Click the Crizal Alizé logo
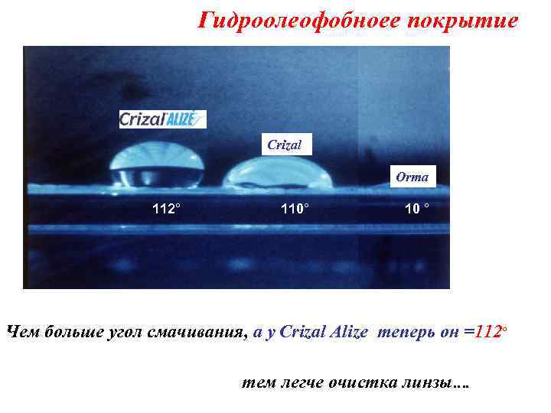[162, 119]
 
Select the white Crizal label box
[285, 144]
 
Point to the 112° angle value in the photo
[167, 208]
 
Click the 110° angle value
[295, 208]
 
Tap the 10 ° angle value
[416, 208]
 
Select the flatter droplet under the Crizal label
[277, 174]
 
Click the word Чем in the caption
[23, 332]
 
